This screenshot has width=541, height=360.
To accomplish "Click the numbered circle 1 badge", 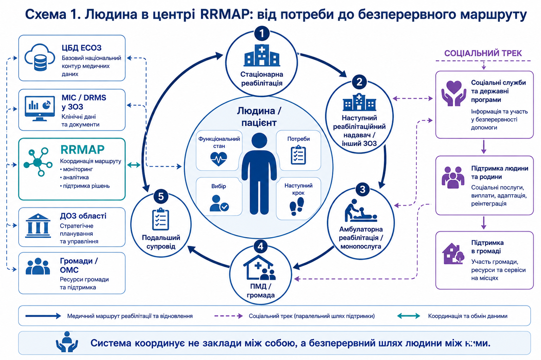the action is point(262,33).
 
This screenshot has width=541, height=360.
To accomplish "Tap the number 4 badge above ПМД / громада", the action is point(260,246).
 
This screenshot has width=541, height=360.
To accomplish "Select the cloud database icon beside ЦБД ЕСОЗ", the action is point(40,57).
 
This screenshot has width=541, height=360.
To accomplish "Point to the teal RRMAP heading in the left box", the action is point(82,150).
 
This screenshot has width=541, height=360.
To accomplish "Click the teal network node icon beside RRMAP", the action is point(38,162).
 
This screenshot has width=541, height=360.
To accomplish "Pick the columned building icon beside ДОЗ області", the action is point(38,226).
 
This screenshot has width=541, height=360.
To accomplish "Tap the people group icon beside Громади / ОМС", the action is point(38,266).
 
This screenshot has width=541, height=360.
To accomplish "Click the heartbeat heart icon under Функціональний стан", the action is point(219,159).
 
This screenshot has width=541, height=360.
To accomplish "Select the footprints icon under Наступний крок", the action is point(297,206).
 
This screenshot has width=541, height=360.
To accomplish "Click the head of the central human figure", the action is point(259,141).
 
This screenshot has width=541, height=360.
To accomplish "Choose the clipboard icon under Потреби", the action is point(298,155).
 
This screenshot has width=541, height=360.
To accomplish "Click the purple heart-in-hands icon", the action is point(454,93).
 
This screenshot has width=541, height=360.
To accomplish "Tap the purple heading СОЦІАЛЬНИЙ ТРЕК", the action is point(483,53).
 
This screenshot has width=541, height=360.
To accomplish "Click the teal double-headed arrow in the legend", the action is point(409,316).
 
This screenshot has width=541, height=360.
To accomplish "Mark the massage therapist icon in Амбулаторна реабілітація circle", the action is point(360,210).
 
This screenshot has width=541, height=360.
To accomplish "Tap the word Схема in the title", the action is point(46,14).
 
